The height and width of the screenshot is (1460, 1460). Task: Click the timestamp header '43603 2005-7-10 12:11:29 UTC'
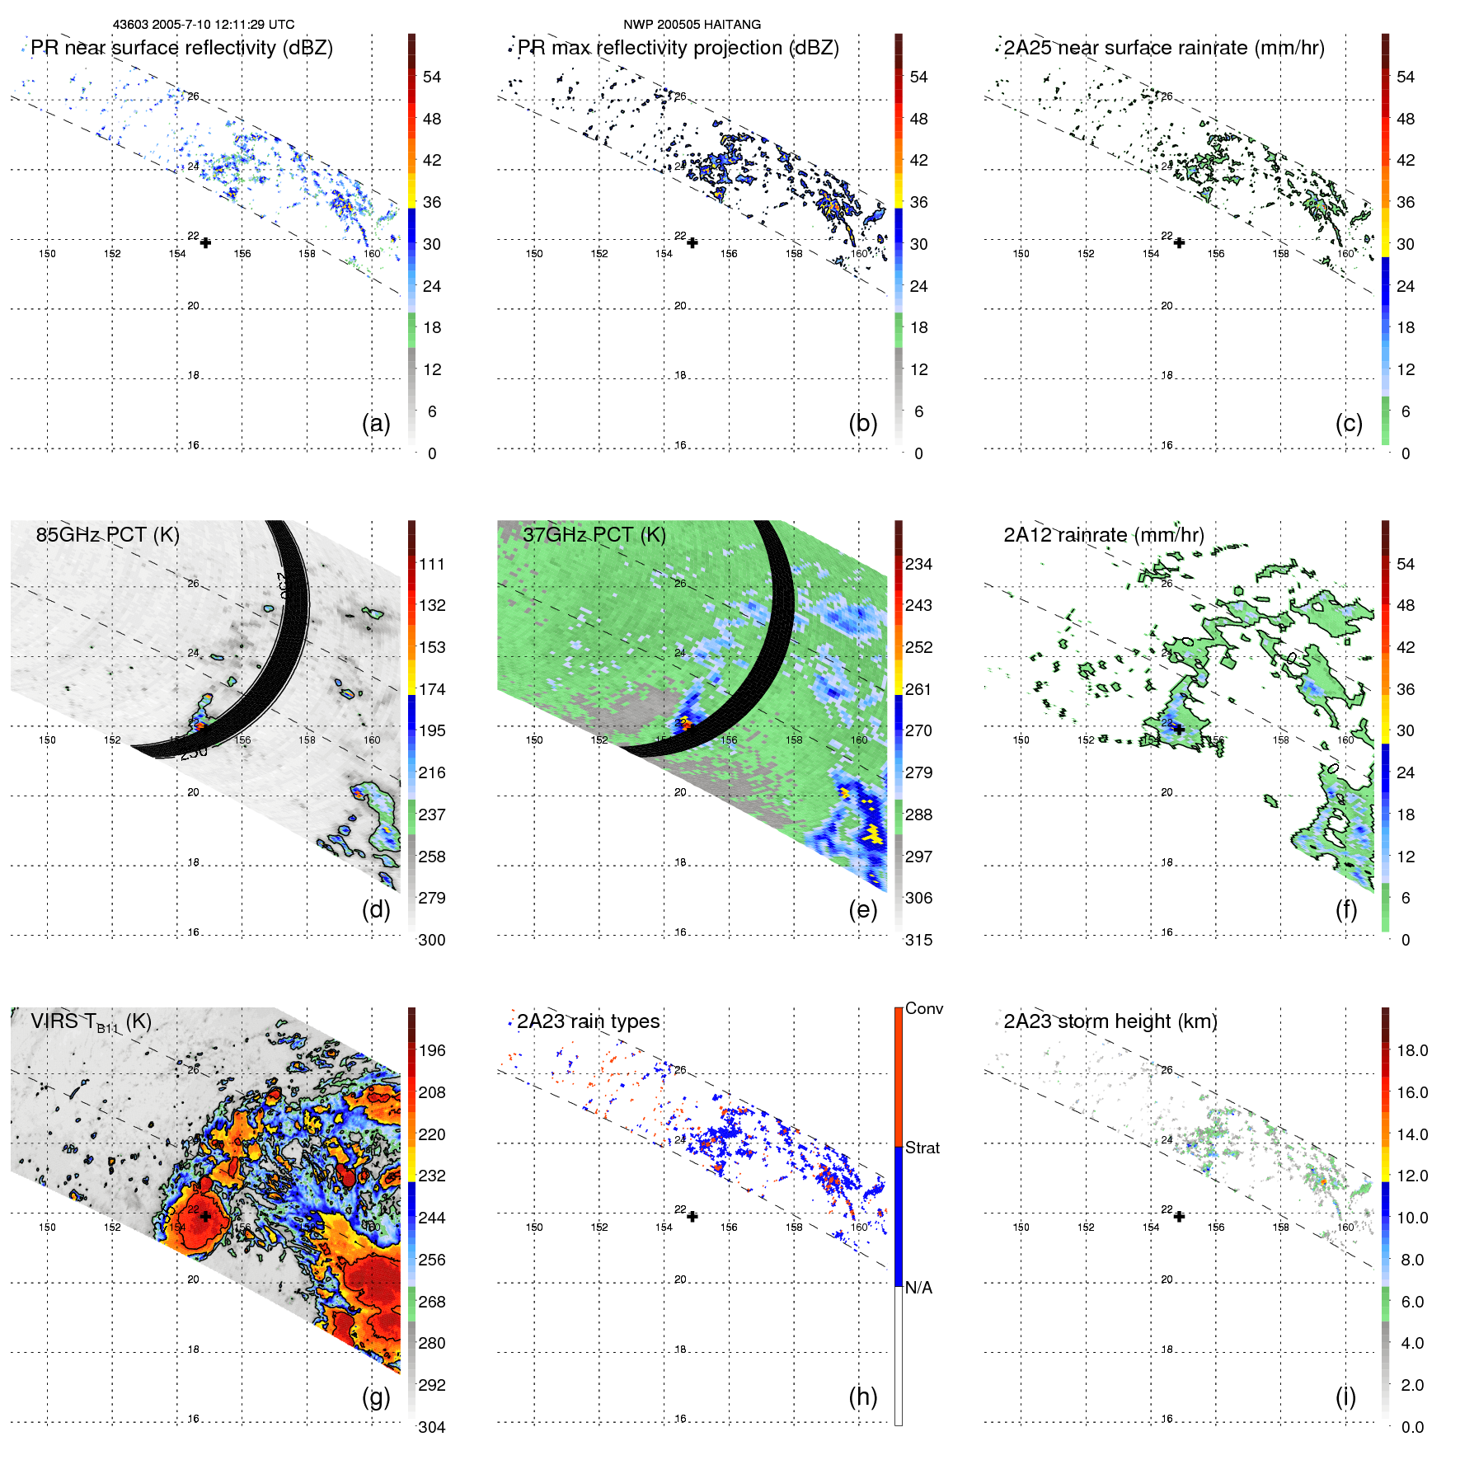203,25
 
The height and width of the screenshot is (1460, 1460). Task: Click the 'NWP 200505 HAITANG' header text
692,25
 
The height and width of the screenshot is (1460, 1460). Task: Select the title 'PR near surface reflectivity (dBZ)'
181,48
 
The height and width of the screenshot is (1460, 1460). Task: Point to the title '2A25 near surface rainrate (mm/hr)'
1163,48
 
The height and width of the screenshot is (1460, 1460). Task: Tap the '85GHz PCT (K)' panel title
107,534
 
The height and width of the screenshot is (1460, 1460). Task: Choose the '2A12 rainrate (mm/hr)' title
1103,534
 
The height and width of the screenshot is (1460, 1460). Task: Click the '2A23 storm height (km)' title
1110,1021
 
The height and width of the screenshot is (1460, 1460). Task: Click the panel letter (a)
376,423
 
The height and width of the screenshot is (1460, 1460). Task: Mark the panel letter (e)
862,909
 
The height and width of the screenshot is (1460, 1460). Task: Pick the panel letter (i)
1345,1397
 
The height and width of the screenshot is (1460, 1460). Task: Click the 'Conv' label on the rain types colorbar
924,1008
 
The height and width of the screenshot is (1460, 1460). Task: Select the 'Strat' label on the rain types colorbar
922,1148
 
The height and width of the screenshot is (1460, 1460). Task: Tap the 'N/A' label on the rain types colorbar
918,1288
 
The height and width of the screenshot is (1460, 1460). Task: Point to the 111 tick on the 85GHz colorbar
432,564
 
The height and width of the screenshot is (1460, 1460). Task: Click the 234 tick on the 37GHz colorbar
918,564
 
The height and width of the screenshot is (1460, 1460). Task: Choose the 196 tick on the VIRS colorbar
432,1050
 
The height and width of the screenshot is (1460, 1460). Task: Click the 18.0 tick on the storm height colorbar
1412,1050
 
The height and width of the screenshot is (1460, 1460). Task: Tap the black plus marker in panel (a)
205,242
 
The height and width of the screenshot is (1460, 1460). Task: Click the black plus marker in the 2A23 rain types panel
692,1217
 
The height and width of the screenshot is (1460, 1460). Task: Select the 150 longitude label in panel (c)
1021,254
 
